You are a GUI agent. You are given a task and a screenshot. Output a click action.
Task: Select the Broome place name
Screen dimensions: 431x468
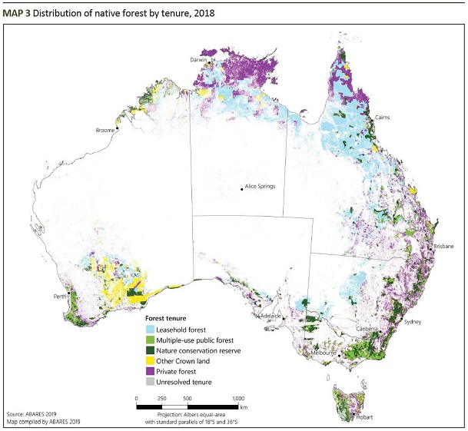point(105,131)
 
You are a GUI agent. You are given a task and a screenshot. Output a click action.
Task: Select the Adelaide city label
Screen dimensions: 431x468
point(271,316)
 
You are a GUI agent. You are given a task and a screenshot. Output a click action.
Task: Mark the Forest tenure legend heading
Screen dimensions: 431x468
point(167,318)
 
